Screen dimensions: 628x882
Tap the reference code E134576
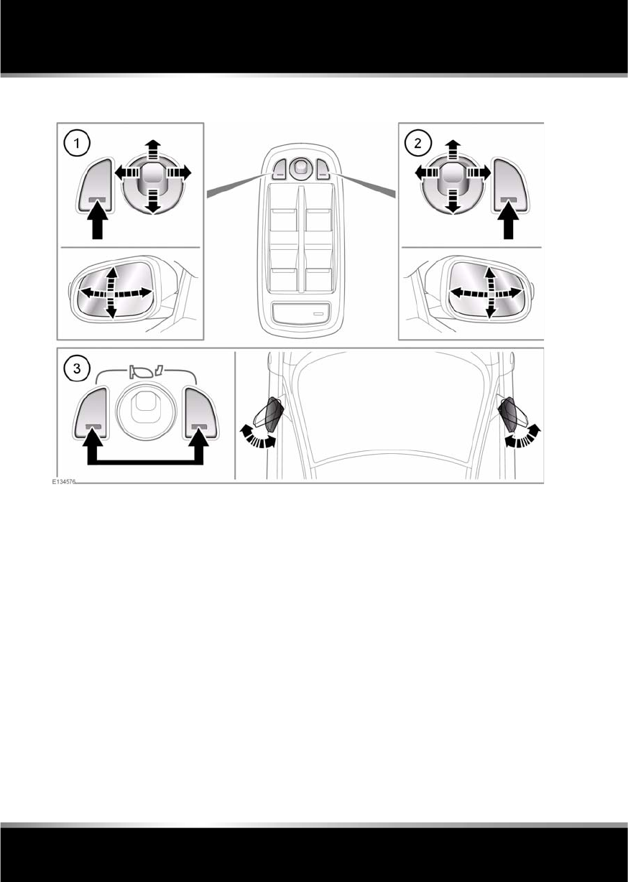63,483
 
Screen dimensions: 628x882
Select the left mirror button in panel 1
94,186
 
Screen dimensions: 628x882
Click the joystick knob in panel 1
152,175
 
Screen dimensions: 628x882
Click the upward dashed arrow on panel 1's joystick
152,149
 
